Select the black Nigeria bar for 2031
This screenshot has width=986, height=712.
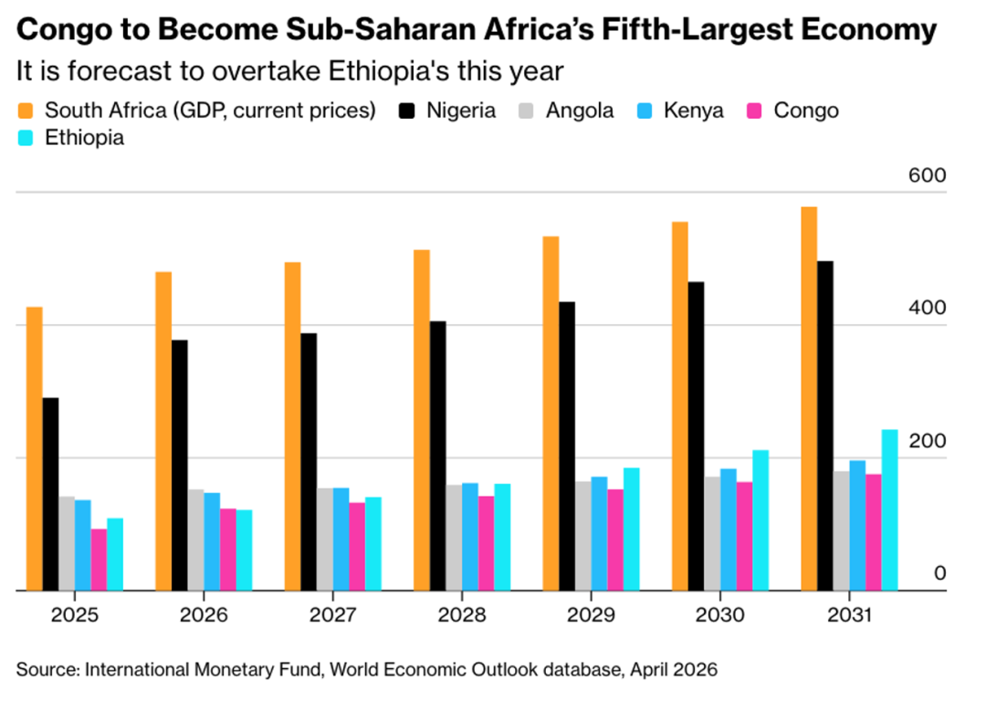[x=824, y=425]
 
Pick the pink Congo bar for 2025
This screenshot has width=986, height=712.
[x=99, y=560]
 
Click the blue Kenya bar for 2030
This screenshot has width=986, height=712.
[x=728, y=529]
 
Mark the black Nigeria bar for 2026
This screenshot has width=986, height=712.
[x=179, y=465]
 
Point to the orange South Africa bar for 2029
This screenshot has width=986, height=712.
[x=551, y=413]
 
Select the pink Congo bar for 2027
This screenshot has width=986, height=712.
[x=357, y=546]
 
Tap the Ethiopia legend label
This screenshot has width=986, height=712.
[x=85, y=138]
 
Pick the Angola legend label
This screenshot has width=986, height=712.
[x=580, y=111]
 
